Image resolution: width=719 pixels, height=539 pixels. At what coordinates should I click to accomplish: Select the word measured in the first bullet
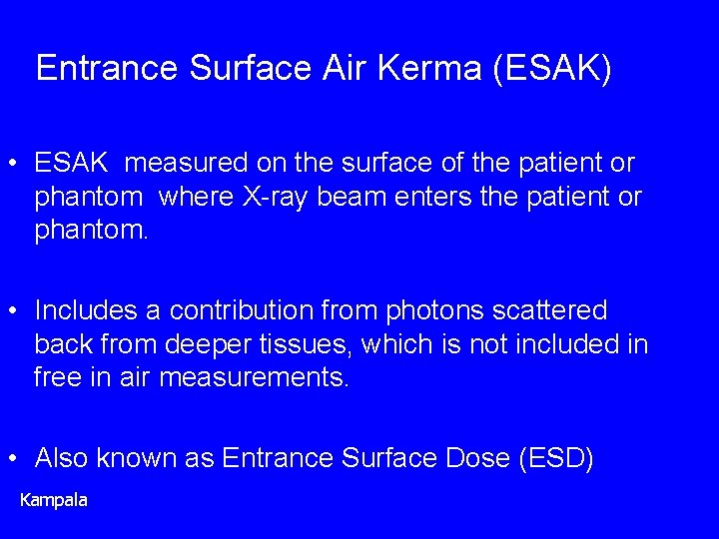point(190,163)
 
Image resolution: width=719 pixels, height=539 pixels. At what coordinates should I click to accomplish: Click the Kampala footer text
point(54,499)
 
